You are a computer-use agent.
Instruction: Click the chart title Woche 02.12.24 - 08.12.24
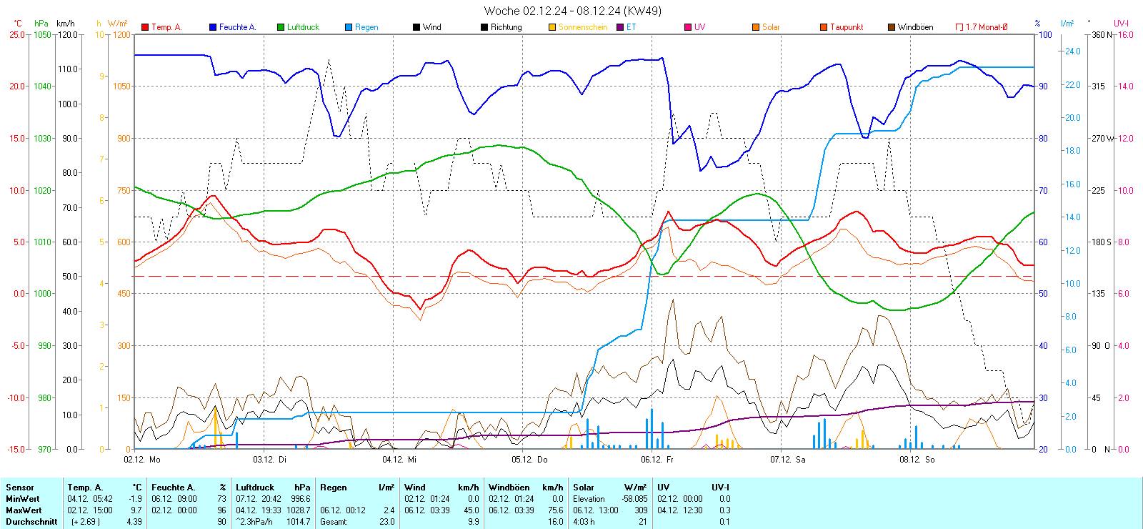tap(572, 11)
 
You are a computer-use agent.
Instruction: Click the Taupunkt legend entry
tap(846, 27)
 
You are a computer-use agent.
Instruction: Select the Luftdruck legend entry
tap(302, 27)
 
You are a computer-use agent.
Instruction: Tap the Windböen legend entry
tap(914, 27)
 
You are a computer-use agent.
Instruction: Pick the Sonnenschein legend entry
tap(582, 27)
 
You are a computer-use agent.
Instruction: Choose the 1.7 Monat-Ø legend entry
tap(986, 27)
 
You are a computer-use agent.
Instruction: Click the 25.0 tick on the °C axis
tap(17, 34)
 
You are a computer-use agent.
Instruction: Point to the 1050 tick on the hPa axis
tap(42, 34)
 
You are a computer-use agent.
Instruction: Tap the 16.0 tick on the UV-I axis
tap(1125, 34)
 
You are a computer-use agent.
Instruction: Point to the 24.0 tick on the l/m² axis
tap(1072, 51)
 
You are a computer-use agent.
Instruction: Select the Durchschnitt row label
tap(31, 522)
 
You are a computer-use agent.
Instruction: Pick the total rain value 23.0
tap(386, 522)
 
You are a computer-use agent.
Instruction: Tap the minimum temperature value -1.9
tap(134, 499)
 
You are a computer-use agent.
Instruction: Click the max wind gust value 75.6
tap(555, 510)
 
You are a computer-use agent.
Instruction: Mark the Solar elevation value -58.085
tap(634, 499)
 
